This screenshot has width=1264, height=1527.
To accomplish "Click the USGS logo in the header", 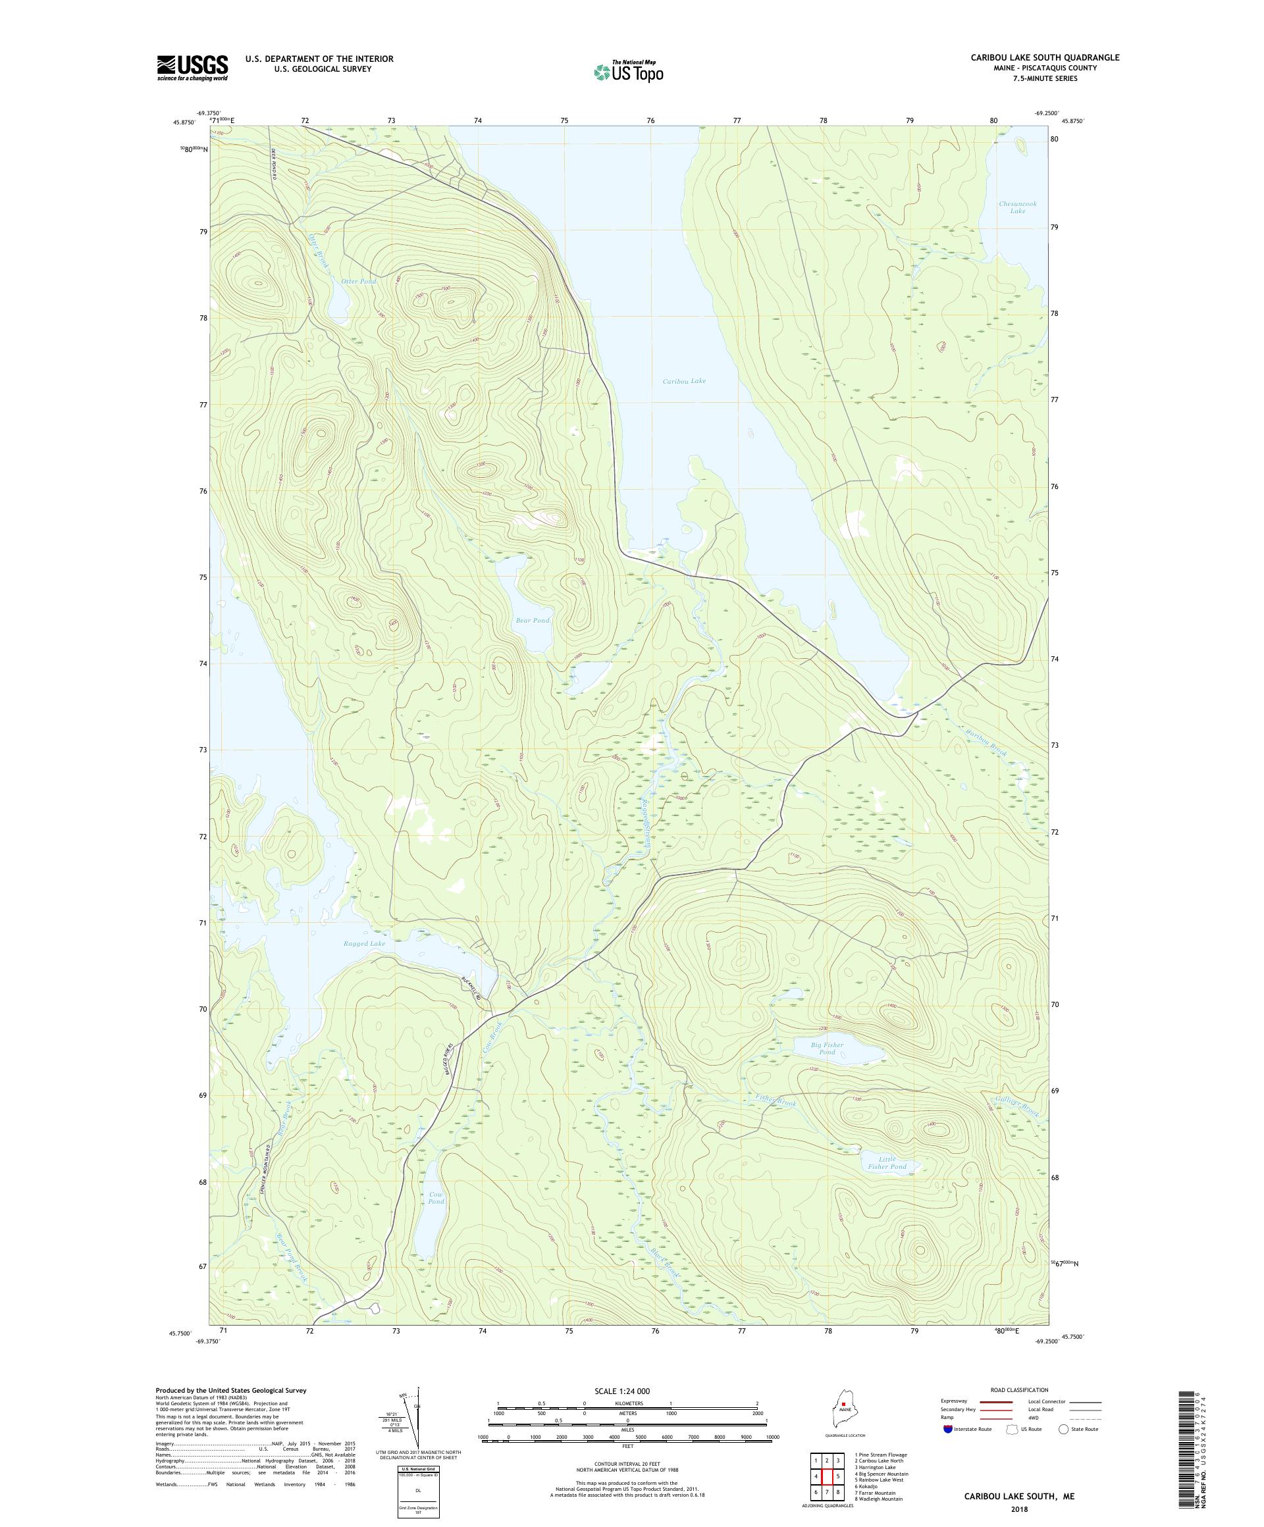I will [193, 68].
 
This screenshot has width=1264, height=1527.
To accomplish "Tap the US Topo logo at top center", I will [628, 70].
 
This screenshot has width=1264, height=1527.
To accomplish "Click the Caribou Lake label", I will [683, 381].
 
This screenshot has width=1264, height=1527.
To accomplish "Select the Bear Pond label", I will [532, 620].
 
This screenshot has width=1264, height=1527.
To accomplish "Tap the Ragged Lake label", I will [364, 943].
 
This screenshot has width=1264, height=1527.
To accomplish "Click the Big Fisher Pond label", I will [827, 1048].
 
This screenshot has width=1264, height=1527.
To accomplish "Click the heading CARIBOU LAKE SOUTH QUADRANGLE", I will [1044, 57].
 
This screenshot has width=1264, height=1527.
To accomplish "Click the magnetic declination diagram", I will [417, 1422].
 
